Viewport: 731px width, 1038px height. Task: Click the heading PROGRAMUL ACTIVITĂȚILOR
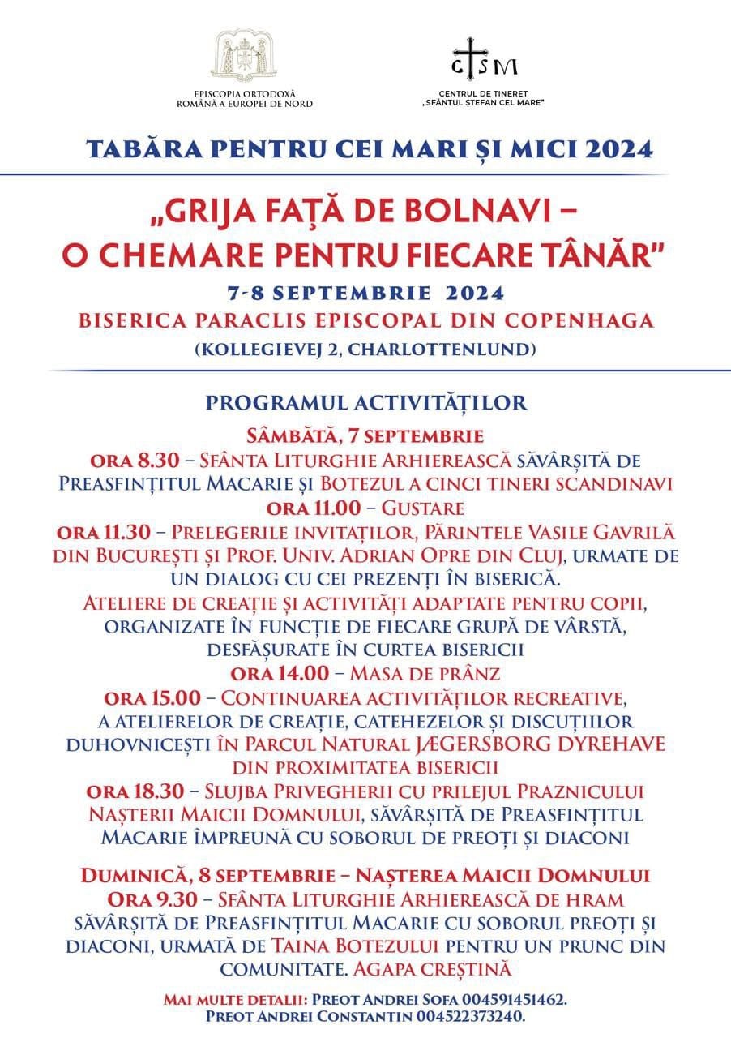coord(366,403)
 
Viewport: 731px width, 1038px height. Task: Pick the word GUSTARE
coord(425,508)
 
